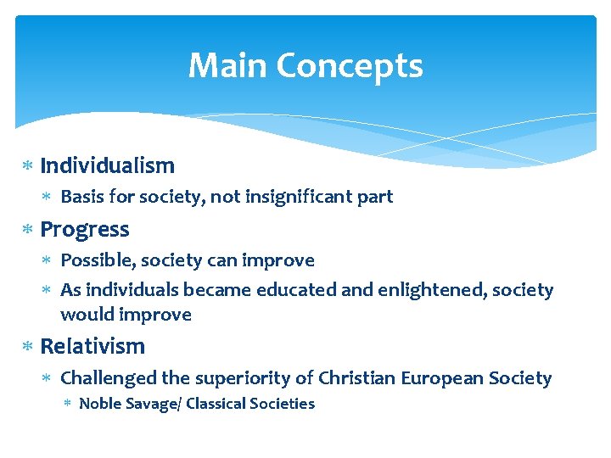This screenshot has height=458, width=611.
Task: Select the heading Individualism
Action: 107,165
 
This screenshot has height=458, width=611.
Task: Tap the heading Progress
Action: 85,230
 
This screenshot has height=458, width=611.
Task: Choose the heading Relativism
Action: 92,346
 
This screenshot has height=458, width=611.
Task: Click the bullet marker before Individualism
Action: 26,166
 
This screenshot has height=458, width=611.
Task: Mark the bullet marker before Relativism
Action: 26,347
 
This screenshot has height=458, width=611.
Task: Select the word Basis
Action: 82,197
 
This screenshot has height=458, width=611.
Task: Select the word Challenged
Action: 109,378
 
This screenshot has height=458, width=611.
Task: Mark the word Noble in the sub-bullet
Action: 99,404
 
